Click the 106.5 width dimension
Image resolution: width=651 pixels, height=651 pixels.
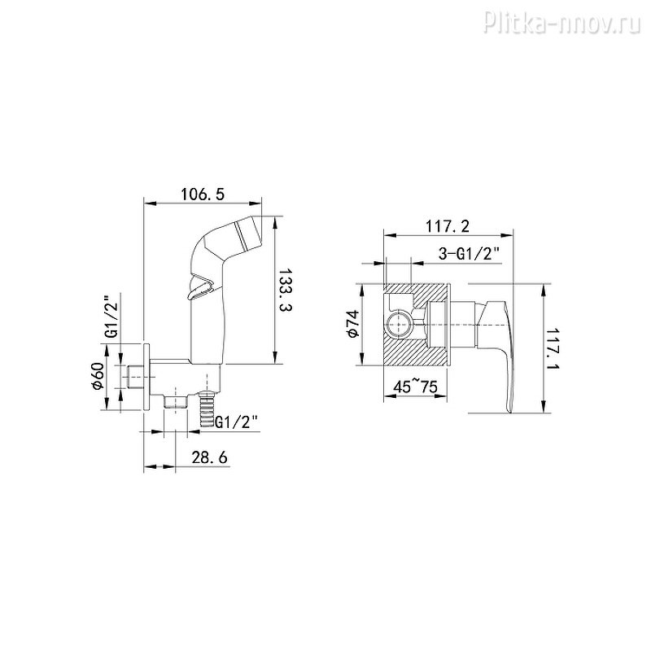[202, 194]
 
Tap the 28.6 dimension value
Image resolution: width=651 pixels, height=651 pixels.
[209, 457]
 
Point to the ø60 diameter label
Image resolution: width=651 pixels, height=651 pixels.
[98, 376]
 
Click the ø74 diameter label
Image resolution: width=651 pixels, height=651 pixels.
[352, 324]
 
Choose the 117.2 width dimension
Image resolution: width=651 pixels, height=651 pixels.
[447, 226]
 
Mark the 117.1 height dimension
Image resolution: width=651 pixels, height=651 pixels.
[553, 349]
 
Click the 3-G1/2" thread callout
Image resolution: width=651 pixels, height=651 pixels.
[469, 253]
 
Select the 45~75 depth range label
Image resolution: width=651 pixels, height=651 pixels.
[415, 387]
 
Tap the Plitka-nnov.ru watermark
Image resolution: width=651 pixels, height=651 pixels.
[562, 23]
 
